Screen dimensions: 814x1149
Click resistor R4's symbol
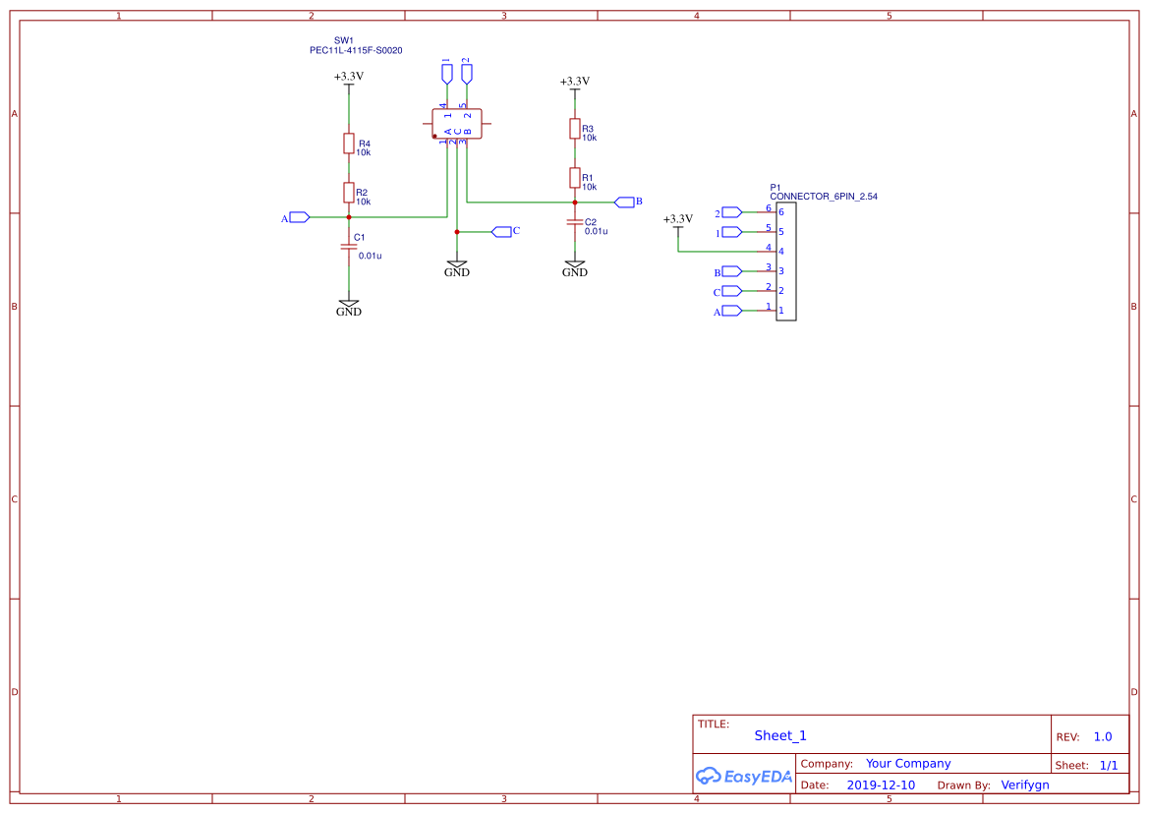click(x=348, y=144)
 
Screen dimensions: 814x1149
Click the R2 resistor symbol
click(x=348, y=192)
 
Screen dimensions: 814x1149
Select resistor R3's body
click(x=574, y=129)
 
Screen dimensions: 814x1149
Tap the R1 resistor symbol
click(x=574, y=177)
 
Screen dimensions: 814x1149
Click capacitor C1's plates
click(x=348, y=247)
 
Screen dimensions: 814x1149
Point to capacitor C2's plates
click(x=574, y=223)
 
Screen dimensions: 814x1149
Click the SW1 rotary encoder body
click(x=457, y=124)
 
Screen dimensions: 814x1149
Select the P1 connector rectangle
click(x=785, y=261)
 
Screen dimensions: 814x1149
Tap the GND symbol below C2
click(x=574, y=267)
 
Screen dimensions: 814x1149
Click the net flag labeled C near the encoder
click(x=503, y=231)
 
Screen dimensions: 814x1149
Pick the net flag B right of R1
click(x=625, y=202)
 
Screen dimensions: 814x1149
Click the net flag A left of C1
click(x=299, y=217)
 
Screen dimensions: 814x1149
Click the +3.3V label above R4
click(x=348, y=76)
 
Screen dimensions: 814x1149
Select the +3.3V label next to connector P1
click(x=677, y=219)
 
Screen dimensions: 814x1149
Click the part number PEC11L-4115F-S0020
click(x=356, y=50)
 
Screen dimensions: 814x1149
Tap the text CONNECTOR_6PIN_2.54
click(x=823, y=197)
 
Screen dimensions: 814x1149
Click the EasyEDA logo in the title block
click(x=744, y=776)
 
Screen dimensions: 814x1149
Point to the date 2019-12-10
click(x=880, y=785)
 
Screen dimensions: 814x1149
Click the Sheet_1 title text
click(x=780, y=735)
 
